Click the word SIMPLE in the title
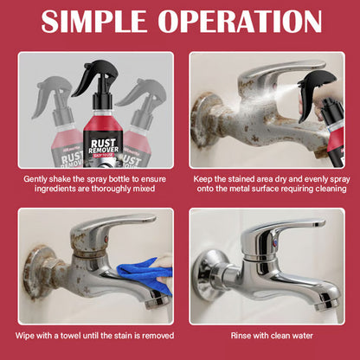95,22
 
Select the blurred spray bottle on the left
41,130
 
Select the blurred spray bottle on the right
149,130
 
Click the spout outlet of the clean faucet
325,303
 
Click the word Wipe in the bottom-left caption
27,335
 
